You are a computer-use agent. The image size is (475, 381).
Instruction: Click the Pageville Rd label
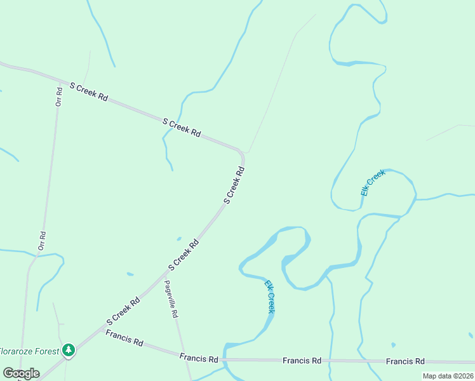[171, 299]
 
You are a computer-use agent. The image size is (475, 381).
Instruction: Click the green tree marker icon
[69, 350]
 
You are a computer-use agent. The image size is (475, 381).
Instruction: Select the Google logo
[21, 373]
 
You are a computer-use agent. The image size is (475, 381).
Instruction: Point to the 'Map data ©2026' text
[448, 376]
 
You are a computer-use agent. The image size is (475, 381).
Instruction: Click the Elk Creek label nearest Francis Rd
[270, 297]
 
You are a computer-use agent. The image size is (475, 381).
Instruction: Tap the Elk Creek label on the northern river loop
[373, 182]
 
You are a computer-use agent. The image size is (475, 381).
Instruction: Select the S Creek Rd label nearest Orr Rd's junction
[89, 91]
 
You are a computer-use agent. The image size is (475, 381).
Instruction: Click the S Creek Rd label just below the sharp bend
[234, 185]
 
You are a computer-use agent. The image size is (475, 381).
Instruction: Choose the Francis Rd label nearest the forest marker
[124, 337]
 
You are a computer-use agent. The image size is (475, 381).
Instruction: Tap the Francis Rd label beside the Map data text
[405, 361]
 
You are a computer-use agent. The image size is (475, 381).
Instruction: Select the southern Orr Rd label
[42, 241]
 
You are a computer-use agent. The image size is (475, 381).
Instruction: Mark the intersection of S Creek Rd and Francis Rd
[94, 331]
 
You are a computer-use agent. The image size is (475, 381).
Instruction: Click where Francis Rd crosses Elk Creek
[225, 359]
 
